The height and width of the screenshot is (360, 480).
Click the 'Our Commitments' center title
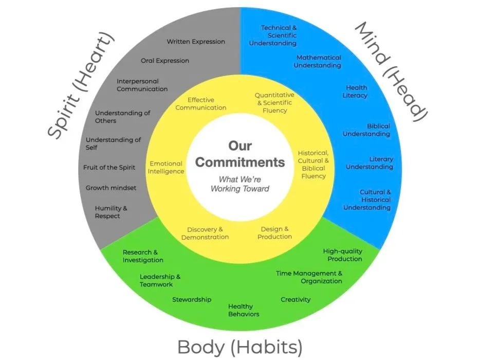point(240,154)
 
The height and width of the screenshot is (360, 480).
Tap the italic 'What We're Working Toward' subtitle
point(240,184)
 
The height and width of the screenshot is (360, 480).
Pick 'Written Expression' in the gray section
point(196,42)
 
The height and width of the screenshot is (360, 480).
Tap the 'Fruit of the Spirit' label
point(109,167)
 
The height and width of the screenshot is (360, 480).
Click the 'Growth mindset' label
point(111,188)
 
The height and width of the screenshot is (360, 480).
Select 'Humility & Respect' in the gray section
point(110,212)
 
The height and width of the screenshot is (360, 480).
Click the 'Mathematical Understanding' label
point(318,62)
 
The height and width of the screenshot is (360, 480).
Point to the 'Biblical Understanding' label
point(367,130)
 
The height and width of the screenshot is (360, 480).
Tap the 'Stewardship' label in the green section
point(192,299)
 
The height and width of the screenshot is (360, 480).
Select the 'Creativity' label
point(296,299)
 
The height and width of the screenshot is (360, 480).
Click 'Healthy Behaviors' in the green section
point(244,310)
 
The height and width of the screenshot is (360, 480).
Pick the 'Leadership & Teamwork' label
point(160,280)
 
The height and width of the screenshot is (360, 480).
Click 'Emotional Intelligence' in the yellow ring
point(166,168)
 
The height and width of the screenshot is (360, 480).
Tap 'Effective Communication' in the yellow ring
point(201,104)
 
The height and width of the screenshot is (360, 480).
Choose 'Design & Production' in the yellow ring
point(275,233)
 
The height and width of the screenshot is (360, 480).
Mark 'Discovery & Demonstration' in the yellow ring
point(205,233)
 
